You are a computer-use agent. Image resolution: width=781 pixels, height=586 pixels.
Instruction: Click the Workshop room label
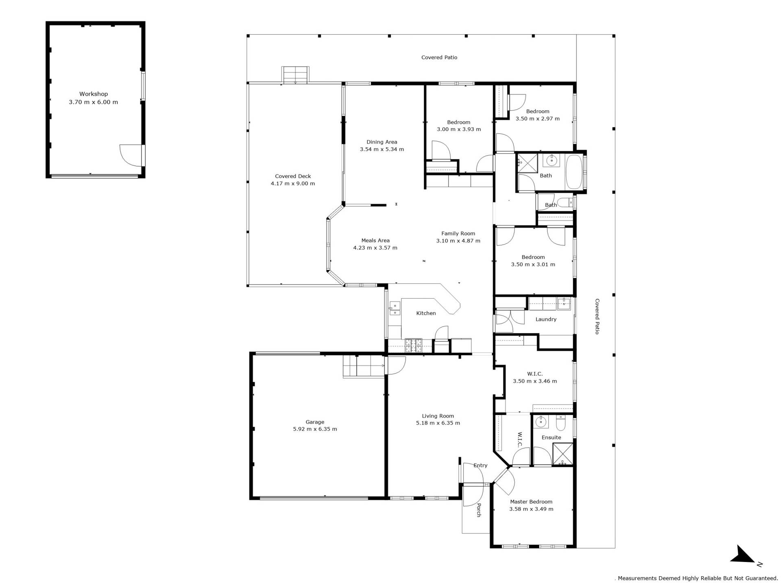coord(94,94)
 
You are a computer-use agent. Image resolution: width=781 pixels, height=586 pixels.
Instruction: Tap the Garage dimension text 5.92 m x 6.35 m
coord(315,429)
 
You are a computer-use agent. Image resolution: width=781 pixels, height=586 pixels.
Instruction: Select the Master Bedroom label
coord(531,502)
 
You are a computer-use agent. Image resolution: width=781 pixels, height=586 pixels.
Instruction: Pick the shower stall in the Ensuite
coord(563,454)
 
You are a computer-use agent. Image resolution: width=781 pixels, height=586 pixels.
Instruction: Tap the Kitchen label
coord(426,313)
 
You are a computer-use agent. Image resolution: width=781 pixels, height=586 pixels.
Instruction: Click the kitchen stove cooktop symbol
coord(413,345)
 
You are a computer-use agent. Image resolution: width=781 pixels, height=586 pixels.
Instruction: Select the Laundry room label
coord(546,319)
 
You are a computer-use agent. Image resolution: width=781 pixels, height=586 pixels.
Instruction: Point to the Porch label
coord(479,510)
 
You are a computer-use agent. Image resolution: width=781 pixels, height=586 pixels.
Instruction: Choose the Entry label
coord(480,466)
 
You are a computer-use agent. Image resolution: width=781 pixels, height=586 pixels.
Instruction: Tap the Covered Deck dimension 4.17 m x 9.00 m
coord(293,184)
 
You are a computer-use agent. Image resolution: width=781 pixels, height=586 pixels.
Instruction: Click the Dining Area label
coord(382,142)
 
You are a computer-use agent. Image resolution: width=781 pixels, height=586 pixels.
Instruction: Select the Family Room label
coord(458,234)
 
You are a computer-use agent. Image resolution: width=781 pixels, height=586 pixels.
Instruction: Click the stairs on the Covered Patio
coord(295,75)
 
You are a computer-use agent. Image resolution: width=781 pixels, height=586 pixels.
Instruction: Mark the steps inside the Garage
coord(364,366)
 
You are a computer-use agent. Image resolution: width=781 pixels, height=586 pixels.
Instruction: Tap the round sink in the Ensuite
coord(540,422)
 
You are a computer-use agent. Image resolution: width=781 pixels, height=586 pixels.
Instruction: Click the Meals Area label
coord(375,241)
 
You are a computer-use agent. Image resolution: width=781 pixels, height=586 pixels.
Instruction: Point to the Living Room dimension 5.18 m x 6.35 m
coord(438,423)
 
